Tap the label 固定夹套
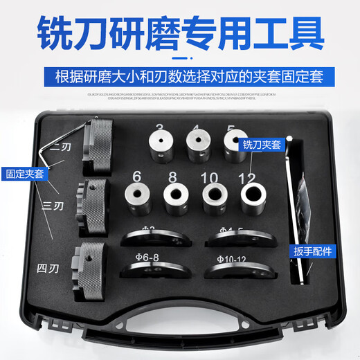click(23, 174)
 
